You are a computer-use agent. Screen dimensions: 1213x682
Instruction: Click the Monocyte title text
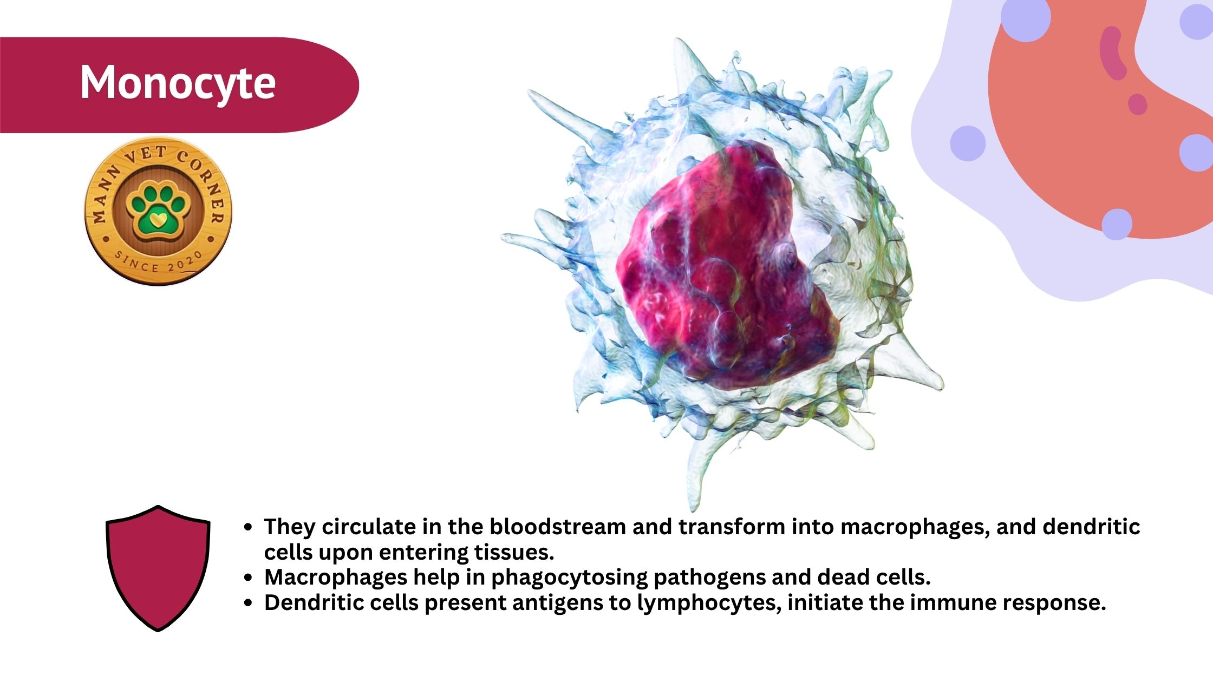[x=178, y=82]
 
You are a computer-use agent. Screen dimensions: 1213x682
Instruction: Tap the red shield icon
[x=158, y=568]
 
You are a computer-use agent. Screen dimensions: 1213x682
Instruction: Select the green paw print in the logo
[x=156, y=213]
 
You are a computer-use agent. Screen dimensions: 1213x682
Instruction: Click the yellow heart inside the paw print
[x=157, y=219]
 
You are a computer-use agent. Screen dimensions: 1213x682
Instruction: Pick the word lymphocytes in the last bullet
[x=709, y=604]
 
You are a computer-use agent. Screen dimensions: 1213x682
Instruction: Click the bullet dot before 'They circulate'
[x=248, y=527]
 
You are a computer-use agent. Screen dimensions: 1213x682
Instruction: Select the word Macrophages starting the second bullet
[x=336, y=578]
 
